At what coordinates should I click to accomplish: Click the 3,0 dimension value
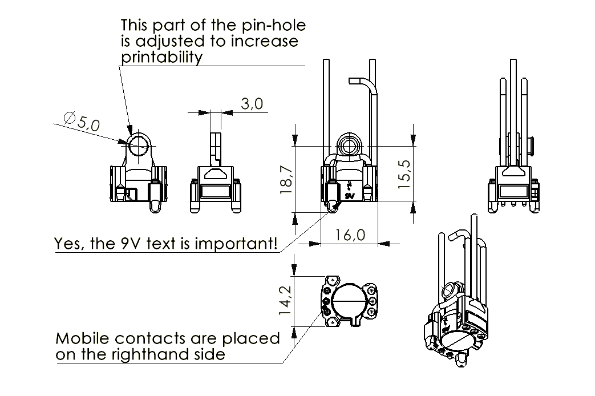[x=252, y=103]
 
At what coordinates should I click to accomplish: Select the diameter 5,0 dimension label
[x=82, y=122]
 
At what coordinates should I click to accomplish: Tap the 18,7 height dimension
[x=286, y=180]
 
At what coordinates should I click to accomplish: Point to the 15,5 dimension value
[x=404, y=174]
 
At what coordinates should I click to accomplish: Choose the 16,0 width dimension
[x=350, y=236]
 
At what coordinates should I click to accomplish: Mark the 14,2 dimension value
[x=285, y=300]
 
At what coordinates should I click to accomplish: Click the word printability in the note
[x=161, y=57]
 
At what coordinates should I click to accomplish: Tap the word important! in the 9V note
[x=236, y=244]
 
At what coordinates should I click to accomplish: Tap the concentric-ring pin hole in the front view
[x=350, y=144]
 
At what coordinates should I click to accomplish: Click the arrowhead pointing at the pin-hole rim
[x=129, y=129]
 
